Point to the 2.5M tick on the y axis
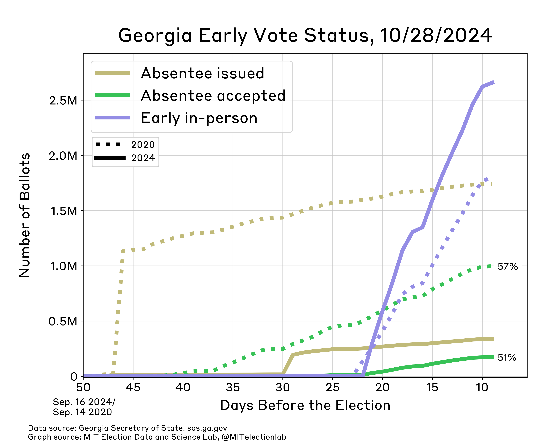(x=63, y=100)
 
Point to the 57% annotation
(x=507, y=266)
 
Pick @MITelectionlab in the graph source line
(x=253, y=437)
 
